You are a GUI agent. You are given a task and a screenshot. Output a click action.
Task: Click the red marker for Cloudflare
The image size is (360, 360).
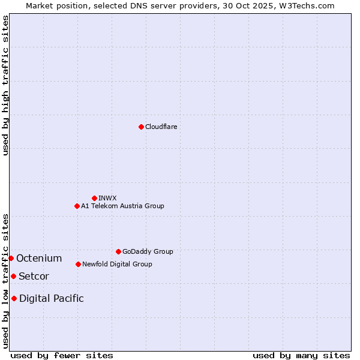141,127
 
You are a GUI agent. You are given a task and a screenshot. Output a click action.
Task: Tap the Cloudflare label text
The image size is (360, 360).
161,127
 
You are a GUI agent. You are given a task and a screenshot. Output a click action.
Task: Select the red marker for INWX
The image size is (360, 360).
94,198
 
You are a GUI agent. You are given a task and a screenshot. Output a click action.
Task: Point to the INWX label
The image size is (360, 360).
107,198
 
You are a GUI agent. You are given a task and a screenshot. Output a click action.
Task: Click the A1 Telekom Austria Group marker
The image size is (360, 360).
77,206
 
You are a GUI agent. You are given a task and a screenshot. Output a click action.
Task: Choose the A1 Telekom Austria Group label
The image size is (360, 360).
122,206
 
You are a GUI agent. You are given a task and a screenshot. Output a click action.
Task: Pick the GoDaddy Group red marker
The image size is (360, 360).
118,251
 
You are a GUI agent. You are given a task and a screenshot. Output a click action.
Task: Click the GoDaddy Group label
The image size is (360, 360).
148,251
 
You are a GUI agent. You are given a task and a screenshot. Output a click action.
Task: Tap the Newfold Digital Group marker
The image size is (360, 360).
78,264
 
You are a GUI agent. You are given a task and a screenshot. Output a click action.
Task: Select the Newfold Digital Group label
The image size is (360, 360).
117,264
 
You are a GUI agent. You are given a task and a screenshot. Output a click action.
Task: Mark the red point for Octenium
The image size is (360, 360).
11,258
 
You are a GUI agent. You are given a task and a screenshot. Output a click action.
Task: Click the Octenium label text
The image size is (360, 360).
39,259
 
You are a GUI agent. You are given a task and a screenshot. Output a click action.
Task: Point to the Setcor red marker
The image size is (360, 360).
13,276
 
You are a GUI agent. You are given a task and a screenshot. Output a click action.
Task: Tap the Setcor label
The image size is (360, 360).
34,277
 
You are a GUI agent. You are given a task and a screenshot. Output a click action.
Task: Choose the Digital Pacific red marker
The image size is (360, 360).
14,298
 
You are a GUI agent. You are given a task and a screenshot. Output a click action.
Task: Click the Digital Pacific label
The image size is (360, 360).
52,299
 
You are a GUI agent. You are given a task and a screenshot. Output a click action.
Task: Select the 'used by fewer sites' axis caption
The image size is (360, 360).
62,355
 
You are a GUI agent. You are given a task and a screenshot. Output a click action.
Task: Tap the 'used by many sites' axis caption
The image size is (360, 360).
301,355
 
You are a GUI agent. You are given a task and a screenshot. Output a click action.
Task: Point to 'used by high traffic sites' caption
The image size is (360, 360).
5,85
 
